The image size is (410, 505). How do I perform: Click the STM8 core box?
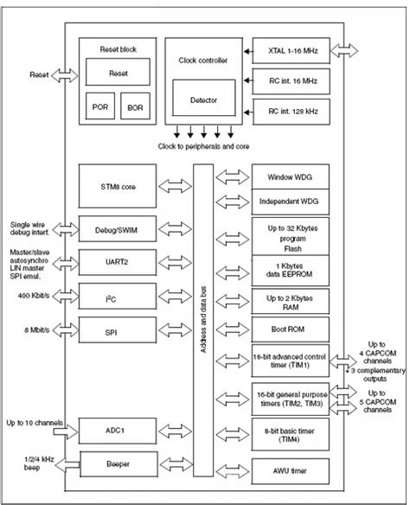tap(119, 187)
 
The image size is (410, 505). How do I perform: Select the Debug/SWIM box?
tap(119, 228)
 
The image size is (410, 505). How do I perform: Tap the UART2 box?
tap(119, 260)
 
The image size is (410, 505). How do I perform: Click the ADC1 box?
tap(119, 429)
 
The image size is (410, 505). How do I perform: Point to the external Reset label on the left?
tap(40, 75)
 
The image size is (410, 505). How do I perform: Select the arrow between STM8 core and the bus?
tap(176, 187)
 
